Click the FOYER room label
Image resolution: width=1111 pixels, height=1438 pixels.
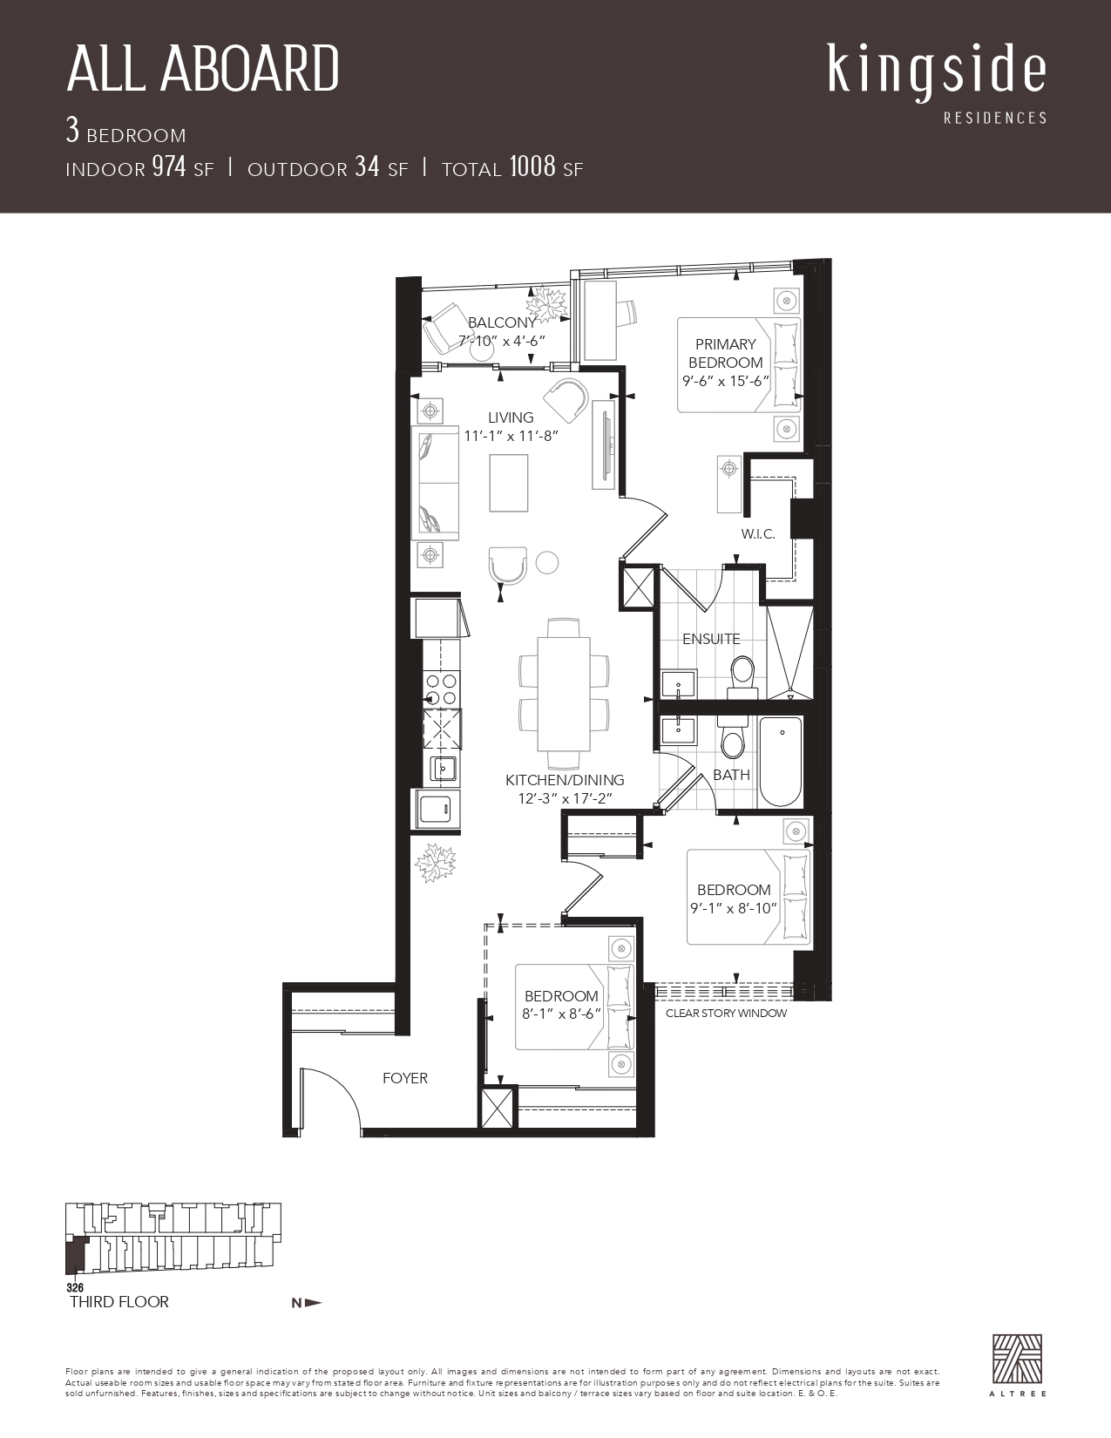[x=405, y=1078]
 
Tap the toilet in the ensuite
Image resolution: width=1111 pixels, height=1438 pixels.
[x=742, y=677]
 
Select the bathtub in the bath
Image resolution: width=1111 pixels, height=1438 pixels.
[x=781, y=762]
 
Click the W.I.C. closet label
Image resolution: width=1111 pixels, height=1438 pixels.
[x=757, y=534]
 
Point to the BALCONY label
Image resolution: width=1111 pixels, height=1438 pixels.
[x=502, y=323]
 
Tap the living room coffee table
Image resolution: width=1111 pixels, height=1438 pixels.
[x=509, y=483]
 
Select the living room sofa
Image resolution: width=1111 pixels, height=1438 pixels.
[x=435, y=483]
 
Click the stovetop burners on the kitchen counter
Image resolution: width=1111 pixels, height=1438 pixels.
[x=442, y=688]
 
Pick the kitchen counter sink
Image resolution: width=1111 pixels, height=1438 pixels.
[x=444, y=769]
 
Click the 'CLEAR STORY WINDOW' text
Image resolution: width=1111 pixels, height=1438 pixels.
[x=726, y=1014]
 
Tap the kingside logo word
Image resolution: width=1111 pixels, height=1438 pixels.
[x=937, y=73]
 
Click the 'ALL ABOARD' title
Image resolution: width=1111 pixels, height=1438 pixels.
[x=202, y=69]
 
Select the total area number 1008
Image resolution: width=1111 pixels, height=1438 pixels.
[x=532, y=166]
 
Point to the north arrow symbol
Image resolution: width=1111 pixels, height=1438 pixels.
[x=307, y=1303]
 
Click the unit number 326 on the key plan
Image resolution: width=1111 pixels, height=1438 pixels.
[x=75, y=1288]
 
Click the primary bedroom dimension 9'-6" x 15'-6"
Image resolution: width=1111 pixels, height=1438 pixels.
[x=725, y=381]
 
